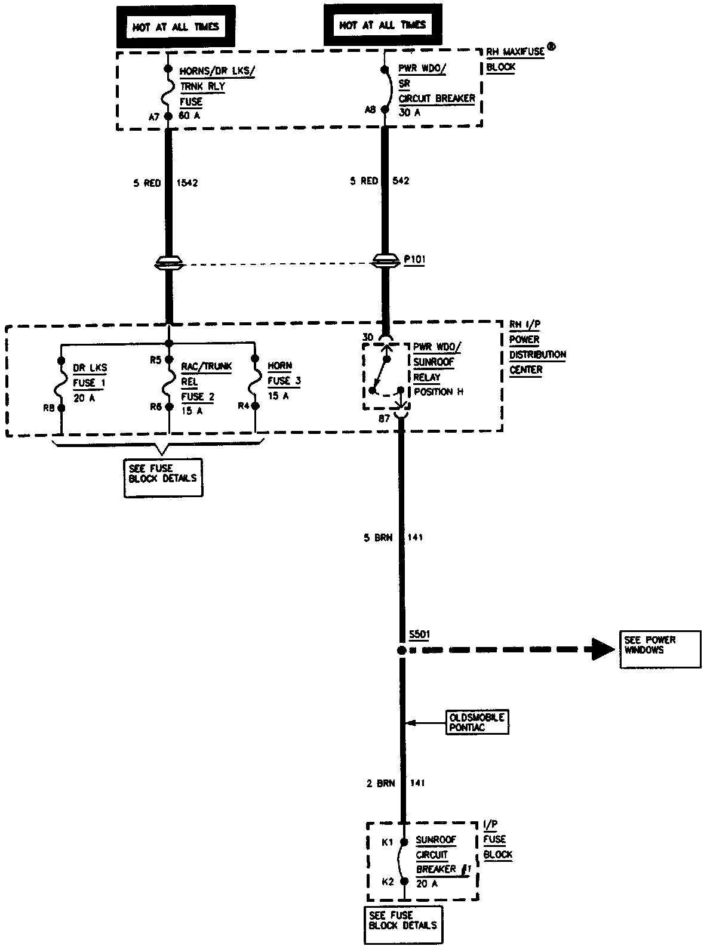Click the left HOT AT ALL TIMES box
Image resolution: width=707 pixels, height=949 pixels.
[176, 27]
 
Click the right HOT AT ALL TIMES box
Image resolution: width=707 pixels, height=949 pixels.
[382, 25]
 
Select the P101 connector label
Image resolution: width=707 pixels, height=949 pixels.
[414, 260]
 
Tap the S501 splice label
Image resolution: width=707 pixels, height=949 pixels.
[419, 634]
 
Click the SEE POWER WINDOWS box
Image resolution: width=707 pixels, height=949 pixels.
[659, 649]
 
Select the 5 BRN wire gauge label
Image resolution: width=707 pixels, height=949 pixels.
[378, 537]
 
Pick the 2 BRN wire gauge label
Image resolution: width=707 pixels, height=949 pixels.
[380, 783]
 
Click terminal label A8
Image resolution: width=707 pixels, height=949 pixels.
[371, 110]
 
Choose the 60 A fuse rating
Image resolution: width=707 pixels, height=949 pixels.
[190, 115]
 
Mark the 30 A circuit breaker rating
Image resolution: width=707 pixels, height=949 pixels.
[410, 112]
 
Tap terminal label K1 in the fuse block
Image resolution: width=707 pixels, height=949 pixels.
[387, 842]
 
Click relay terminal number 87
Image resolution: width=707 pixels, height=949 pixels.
[385, 419]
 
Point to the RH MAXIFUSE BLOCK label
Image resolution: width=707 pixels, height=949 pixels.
[515, 59]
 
